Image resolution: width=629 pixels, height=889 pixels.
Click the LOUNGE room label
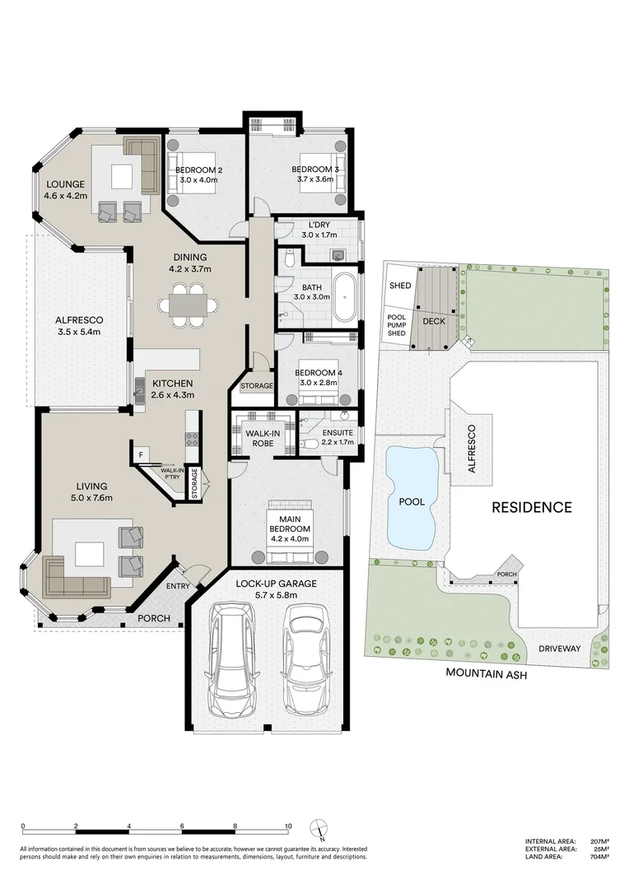(63, 184)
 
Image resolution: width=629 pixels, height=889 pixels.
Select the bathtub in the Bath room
(344, 297)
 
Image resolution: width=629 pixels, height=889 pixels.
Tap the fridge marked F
(141, 454)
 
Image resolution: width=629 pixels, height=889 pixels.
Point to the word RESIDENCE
(531, 507)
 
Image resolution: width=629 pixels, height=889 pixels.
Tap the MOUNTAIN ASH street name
(486, 673)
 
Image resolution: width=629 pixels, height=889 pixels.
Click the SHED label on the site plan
(400, 285)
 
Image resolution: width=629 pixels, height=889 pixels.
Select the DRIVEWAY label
(560, 649)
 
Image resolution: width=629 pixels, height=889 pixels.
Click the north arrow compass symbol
(317, 828)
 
